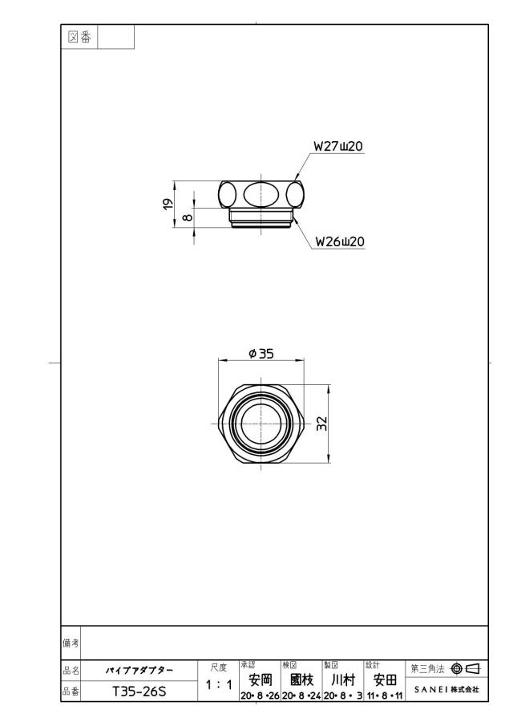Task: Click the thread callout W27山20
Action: click(338, 146)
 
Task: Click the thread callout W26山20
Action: click(340, 241)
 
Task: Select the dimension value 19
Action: click(168, 204)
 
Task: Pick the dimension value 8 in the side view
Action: click(188, 217)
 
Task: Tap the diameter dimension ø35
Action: click(261, 354)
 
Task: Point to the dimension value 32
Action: click(321, 424)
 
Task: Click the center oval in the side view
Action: click(261, 193)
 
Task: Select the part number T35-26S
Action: click(139, 692)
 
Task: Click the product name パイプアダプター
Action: click(139, 671)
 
